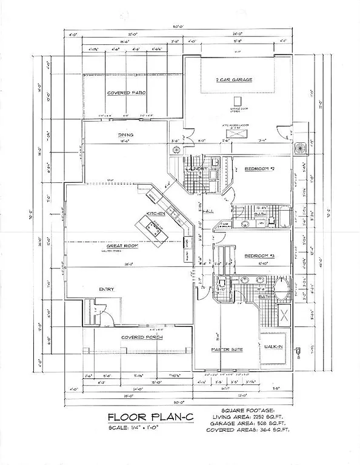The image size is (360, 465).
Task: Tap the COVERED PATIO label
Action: coord(127,93)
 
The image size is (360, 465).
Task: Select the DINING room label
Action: coord(126,135)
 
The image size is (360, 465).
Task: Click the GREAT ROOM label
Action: coord(120,246)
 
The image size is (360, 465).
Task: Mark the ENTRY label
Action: coord(107,289)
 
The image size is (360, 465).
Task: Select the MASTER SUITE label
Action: coord(227,350)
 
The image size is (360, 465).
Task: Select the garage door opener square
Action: coord(239,101)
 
